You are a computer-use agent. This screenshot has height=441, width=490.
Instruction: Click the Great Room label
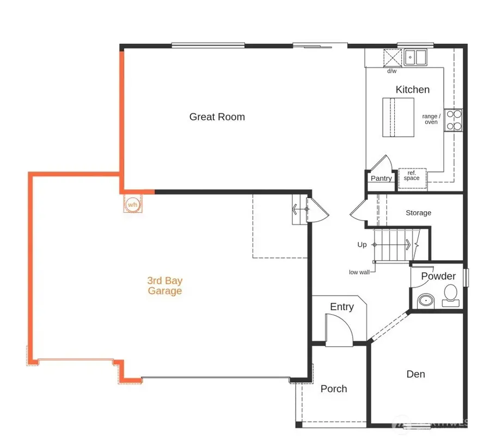click(217, 117)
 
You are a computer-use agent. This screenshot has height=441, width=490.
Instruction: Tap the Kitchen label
click(412, 90)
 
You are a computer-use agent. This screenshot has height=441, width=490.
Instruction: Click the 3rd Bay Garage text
click(164, 286)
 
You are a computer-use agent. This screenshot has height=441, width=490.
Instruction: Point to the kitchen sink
click(416, 56)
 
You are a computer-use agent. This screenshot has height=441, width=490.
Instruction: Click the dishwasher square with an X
click(392, 57)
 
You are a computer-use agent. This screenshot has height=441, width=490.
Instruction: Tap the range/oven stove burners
click(454, 120)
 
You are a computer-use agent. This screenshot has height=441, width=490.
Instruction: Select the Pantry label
click(381, 179)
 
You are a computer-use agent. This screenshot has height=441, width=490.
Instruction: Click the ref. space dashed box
click(412, 176)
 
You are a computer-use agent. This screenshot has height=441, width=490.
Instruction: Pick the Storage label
click(418, 213)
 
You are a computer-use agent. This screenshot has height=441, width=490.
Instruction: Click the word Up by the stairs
click(362, 245)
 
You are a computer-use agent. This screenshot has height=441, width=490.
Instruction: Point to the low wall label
click(359, 272)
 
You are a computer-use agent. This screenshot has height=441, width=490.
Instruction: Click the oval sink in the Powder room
click(425, 300)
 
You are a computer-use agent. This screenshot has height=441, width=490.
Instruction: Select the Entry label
click(342, 307)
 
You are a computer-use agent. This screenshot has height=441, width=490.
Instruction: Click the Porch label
click(334, 389)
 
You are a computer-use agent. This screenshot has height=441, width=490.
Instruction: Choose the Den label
click(416, 374)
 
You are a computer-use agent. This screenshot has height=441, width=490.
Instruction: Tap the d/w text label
click(392, 71)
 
